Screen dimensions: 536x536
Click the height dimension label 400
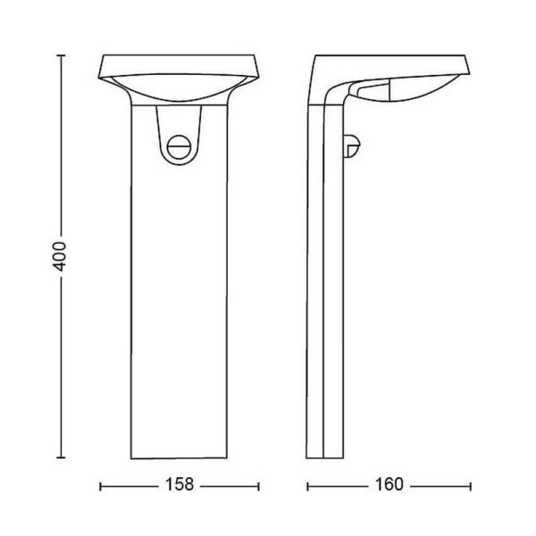click(x=60, y=254)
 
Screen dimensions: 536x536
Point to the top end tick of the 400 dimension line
click(x=60, y=55)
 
